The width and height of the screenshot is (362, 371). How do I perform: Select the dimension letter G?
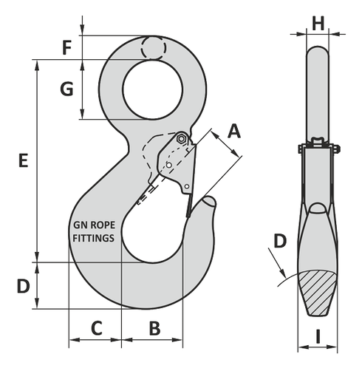pos(66,89)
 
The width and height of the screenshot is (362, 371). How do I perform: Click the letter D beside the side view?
pos(280,240)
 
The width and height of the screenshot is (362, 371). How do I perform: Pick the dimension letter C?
pos(95,327)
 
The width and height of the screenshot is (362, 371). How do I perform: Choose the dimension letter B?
pos(154,327)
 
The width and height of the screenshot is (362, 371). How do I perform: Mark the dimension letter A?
pos(233,132)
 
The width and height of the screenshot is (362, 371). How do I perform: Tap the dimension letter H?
pos(318,22)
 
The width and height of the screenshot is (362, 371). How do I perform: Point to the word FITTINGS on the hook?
pos(93,238)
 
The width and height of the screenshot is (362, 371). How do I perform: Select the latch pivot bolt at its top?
pos(181,138)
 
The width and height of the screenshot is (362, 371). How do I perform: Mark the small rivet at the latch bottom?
pos(187,186)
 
